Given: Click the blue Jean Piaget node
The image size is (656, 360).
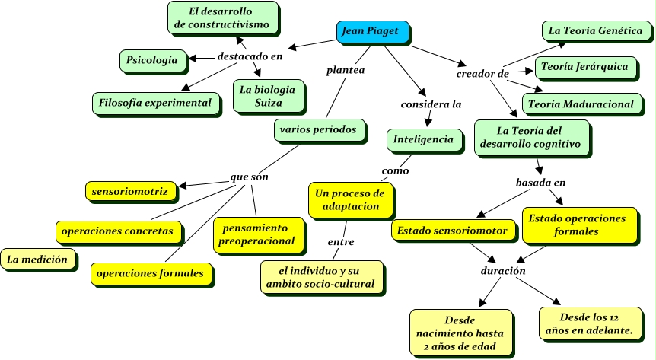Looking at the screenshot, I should coord(372,32).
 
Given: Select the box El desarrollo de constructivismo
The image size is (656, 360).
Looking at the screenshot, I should coord(221,18).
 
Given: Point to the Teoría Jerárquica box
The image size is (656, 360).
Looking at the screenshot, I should coord(584,67).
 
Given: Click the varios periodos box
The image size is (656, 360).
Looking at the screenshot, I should coord(317,130).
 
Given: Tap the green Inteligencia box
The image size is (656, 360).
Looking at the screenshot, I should coord(423,139).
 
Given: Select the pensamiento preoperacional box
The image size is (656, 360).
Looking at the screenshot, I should coord(256,234).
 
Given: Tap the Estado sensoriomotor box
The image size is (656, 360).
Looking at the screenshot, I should coord(452,229).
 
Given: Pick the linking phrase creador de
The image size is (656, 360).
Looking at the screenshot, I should coord(482,74).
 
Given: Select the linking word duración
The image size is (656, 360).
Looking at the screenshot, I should coord(502,270).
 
